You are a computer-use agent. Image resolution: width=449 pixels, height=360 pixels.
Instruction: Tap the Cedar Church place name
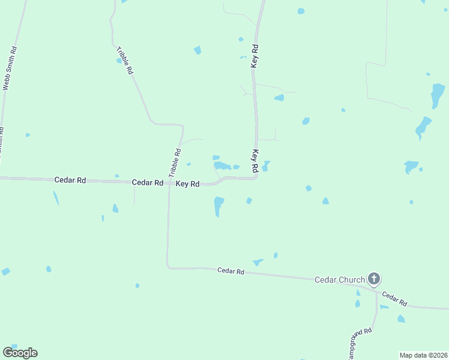pos(340,280)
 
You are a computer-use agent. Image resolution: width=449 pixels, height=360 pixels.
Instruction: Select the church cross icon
pos(374,278)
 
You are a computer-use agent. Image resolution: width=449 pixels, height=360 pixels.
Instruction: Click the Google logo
pos(20,353)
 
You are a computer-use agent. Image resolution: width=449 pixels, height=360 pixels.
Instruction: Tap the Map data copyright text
pos(423,355)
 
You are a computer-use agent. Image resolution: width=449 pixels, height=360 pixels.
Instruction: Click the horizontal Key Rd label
pos(187,184)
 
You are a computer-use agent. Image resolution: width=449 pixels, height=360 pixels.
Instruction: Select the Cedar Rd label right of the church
pos(394,298)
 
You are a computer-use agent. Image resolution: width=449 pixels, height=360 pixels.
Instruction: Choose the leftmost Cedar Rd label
pos(70,179)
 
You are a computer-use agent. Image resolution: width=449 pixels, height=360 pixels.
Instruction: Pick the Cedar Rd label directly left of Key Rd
pos(148,182)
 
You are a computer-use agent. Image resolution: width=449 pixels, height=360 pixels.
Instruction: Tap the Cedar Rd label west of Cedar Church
pos(231,272)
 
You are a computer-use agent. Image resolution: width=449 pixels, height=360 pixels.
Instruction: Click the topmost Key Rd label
pos(255,56)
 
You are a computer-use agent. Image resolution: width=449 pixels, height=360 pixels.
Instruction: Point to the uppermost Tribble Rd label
pos(125,60)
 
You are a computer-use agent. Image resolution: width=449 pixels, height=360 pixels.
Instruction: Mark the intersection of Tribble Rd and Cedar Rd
pos(169,182)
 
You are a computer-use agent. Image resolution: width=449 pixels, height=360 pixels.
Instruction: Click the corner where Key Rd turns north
pos(256,176)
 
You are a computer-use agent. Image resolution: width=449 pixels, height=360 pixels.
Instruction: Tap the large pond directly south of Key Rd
pos(218,205)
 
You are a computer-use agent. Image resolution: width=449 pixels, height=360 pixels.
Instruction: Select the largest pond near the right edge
pos(438,95)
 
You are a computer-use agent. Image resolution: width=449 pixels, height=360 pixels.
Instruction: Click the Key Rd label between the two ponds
pos(255,160)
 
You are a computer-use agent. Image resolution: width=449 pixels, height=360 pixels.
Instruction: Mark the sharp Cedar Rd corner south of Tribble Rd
pos(168,267)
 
